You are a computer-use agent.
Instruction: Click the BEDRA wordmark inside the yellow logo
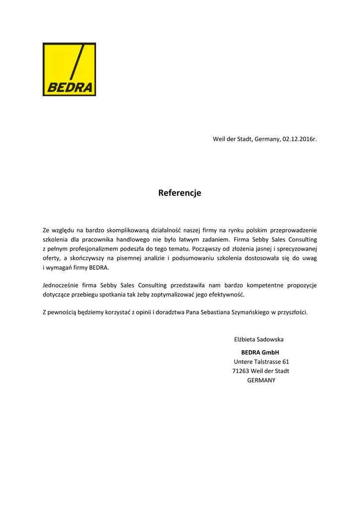point(69,87)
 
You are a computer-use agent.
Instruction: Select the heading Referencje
point(180,193)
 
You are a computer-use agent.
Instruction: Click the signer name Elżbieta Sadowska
point(259,340)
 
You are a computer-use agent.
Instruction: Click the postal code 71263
point(240,371)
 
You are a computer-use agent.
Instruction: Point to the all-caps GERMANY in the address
point(261,381)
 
